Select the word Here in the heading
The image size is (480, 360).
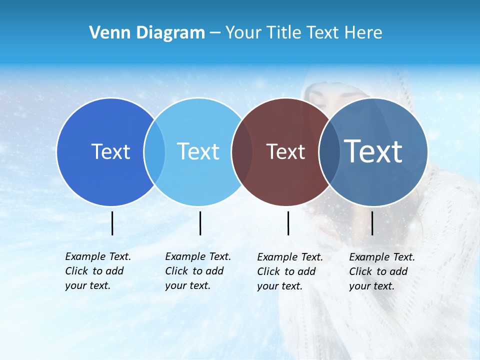coord(362,33)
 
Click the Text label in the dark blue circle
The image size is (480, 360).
coord(110,151)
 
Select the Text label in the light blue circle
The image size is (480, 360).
coord(198,151)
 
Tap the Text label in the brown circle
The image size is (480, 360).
coord(285,151)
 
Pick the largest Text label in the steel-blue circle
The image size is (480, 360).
coord(373,151)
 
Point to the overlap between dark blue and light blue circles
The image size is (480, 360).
coord(154,151)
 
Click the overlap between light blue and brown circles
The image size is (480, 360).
coord(242,151)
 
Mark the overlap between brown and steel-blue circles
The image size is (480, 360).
coord(329,151)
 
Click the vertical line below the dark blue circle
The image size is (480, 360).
coord(112,223)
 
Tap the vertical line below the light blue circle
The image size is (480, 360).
coord(200,223)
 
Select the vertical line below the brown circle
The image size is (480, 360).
coord(288,223)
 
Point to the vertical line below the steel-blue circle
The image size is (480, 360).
coord(372,223)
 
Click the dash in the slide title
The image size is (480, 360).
coord(215,33)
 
